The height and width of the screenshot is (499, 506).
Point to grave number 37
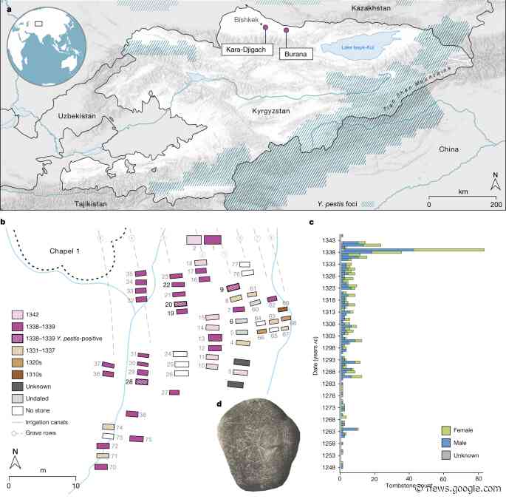[109, 365]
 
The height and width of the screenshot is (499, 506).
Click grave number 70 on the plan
[100, 466]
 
